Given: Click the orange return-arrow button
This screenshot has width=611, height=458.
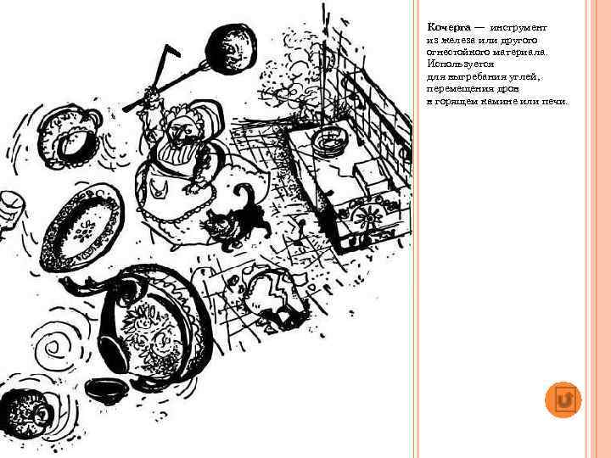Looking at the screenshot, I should (x=564, y=399).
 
